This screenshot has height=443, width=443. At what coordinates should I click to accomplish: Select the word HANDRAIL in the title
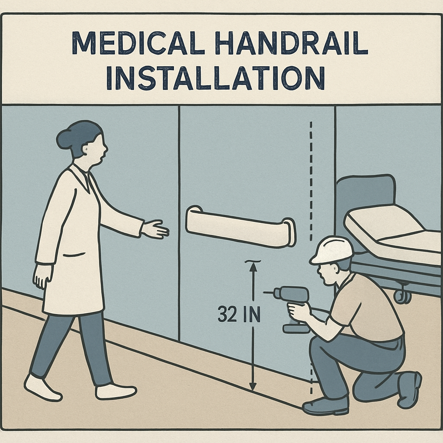pyautogui.click(x=292, y=43)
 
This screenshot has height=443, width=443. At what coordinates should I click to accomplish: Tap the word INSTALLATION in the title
pyautogui.click(x=215, y=78)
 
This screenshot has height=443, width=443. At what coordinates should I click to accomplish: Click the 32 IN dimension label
pyautogui.click(x=239, y=314)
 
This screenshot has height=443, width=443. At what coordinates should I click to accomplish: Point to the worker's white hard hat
pyautogui.click(x=332, y=250)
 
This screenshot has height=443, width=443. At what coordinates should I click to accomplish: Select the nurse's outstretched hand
pyautogui.click(x=155, y=229)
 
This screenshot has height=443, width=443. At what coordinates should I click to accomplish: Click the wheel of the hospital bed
pyautogui.click(x=402, y=295)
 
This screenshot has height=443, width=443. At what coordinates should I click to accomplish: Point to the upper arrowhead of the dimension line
pyautogui.click(x=253, y=267)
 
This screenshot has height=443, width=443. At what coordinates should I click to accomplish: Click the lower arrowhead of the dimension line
pyautogui.click(x=253, y=385)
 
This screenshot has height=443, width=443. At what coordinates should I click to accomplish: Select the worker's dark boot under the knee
pyautogui.click(x=325, y=406)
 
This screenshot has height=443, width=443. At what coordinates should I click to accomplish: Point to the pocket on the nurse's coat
pyautogui.click(x=74, y=255)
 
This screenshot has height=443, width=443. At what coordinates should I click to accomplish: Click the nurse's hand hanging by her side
pyautogui.click(x=42, y=277)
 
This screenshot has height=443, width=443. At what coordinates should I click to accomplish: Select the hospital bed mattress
pyautogui.click(x=393, y=232)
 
